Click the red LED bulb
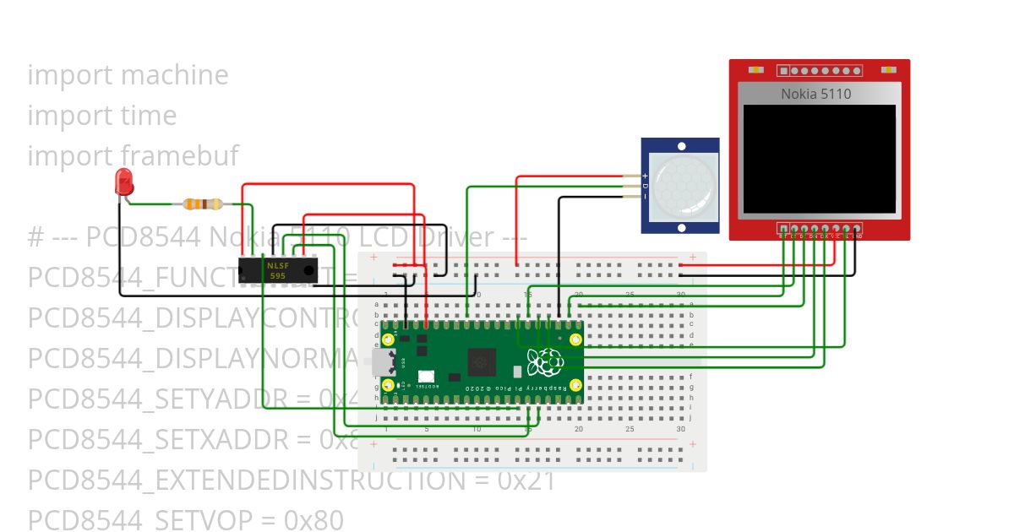click(x=124, y=182)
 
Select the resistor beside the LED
click(x=203, y=204)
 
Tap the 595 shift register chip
click(x=276, y=270)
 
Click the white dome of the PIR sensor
click(x=681, y=185)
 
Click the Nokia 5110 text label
click(x=815, y=94)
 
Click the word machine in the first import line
click(x=175, y=74)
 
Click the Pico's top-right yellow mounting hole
click(x=575, y=339)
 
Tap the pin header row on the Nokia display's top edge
click(x=818, y=71)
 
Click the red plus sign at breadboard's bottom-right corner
click(x=693, y=443)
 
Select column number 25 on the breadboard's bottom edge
click(x=630, y=429)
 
